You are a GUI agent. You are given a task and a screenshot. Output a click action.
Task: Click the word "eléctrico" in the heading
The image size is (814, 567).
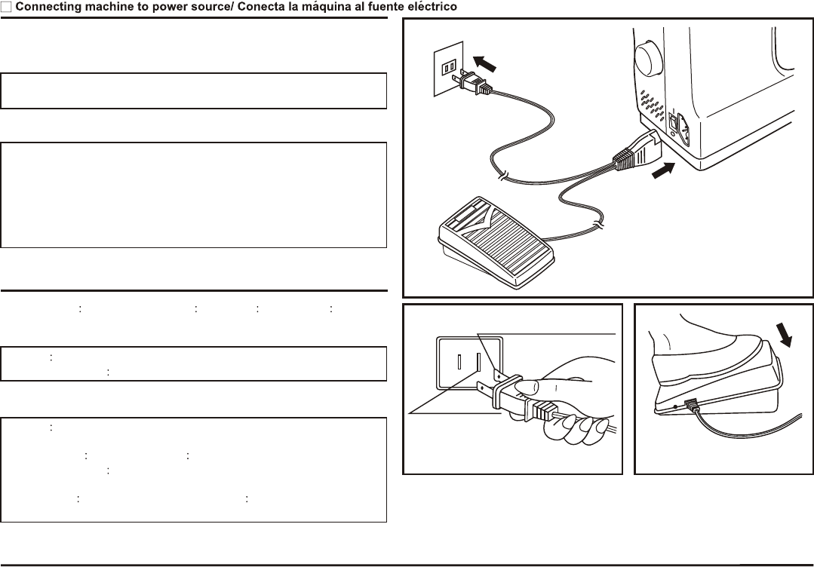430,7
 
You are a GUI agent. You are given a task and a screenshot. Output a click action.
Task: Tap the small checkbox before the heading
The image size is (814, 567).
6,7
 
